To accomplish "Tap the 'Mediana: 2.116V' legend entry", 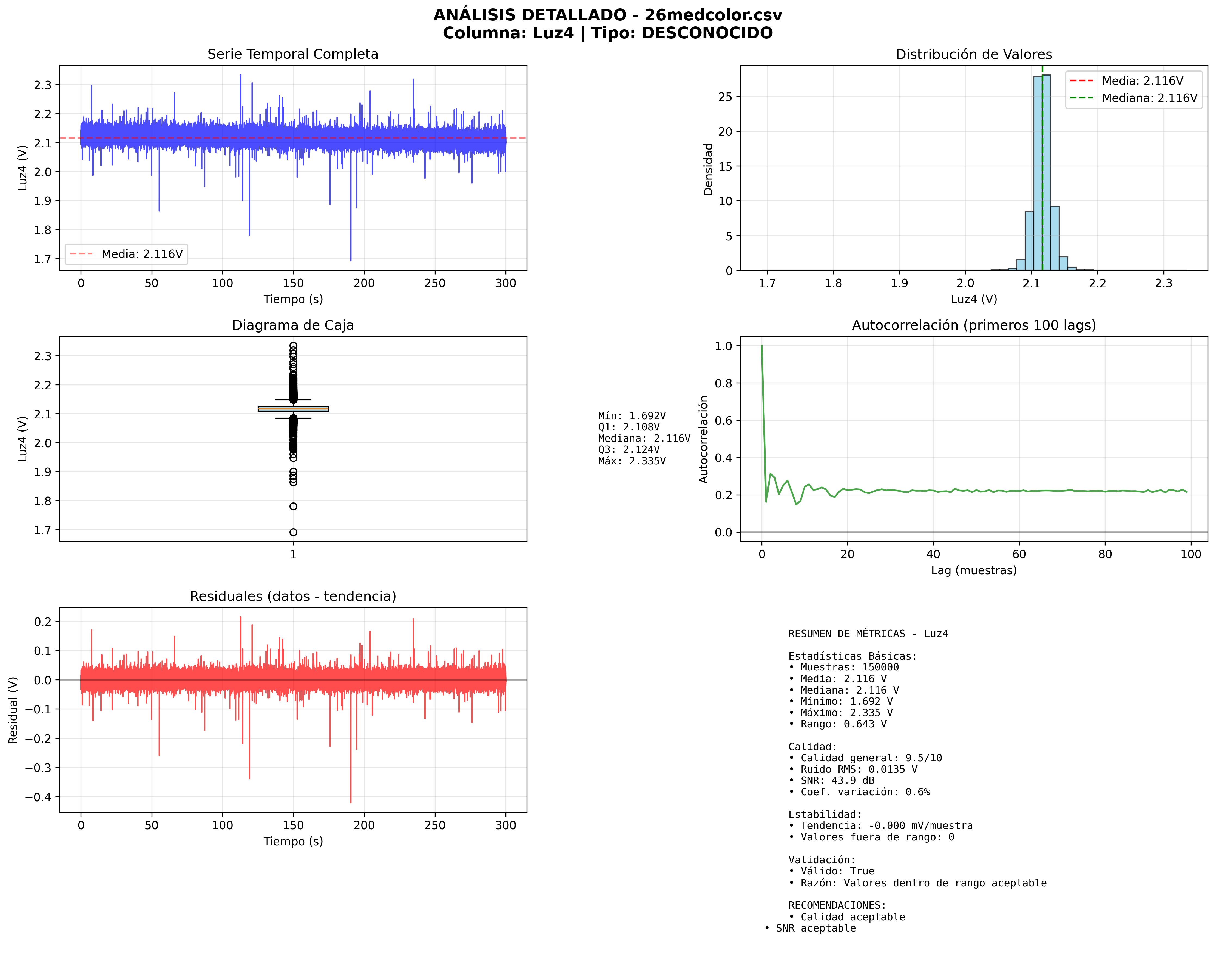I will [x=1149, y=98].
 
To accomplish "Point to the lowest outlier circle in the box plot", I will [x=293, y=532].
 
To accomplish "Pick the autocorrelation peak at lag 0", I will [x=761, y=346].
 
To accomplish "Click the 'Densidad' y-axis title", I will [x=708, y=169].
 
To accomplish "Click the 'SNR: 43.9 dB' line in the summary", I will [x=835, y=781].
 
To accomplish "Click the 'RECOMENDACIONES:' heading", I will [x=837, y=905].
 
